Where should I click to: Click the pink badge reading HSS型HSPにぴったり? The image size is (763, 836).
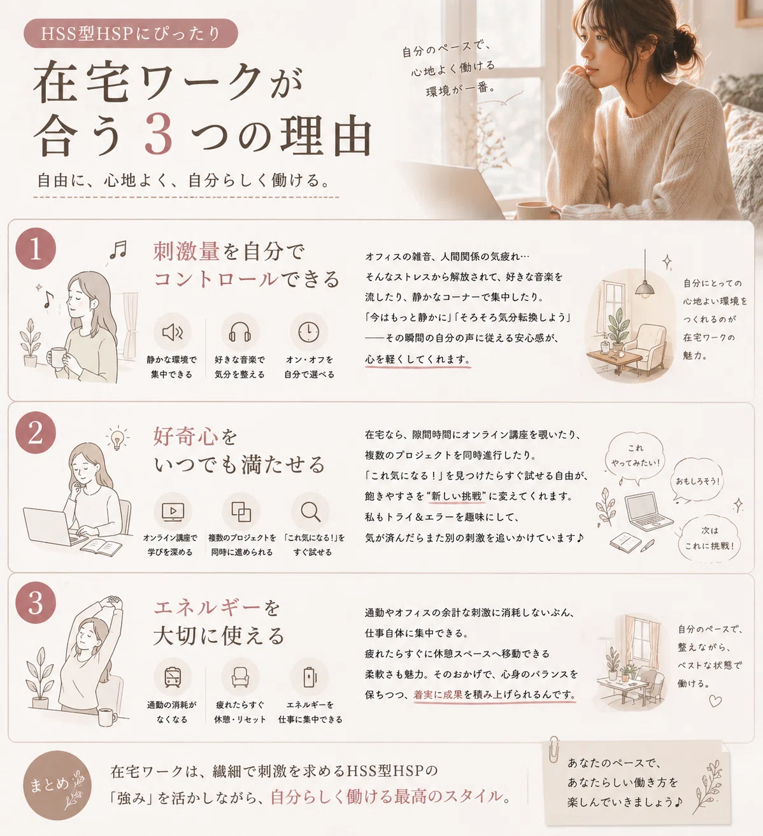click(131, 33)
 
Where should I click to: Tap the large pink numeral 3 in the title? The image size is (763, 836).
click(159, 135)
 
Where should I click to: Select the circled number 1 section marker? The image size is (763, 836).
click(36, 248)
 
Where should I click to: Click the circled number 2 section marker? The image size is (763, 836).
click(36, 432)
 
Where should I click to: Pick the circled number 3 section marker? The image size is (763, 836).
click(36, 602)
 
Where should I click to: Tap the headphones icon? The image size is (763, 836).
click(239, 332)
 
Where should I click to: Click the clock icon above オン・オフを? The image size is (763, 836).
click(308, 332)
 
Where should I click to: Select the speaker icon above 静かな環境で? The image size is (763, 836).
click(172, 332)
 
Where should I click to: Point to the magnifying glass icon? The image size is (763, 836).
click(311, 511)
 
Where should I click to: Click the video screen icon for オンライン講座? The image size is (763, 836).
click(172, 511)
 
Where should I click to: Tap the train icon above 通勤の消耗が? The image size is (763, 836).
click(172, 677)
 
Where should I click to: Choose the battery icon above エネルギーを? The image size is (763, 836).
click(309, 677)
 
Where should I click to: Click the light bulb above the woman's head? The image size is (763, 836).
click(117, 437)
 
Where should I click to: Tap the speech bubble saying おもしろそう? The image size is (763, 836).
click(697, 480)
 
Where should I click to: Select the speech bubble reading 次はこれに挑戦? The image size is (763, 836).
click(710, 538)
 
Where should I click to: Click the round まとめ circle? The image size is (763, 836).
click(57, 785)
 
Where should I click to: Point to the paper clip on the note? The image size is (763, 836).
click(553, 749)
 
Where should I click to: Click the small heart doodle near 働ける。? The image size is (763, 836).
click(715, 701)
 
